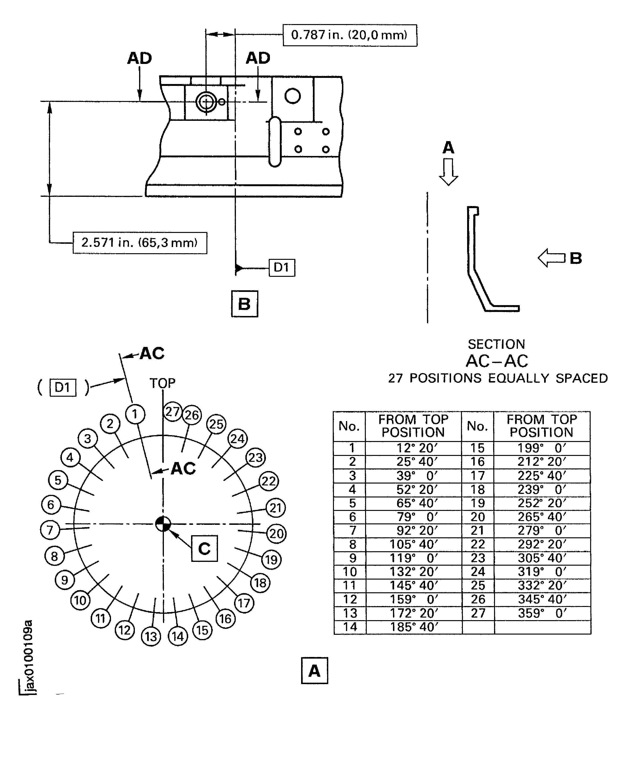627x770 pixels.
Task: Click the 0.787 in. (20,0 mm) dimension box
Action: click(349, 35)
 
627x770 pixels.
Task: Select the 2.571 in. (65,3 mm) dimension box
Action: click(140, 243)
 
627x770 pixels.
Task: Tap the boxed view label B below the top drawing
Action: click(244, 304)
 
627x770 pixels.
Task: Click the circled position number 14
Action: click(178, 636)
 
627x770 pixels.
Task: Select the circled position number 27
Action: click(172, 412)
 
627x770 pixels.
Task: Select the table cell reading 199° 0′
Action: click(542, 448)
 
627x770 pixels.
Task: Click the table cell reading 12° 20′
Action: click(413, 448)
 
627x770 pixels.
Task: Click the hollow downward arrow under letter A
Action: click(448, 172)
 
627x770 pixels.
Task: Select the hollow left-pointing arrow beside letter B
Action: click(551, 258)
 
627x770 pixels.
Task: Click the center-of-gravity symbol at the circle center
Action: click(163, 524)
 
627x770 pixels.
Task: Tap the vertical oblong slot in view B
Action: click(275, 142)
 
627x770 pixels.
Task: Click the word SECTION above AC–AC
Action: click(496, 344)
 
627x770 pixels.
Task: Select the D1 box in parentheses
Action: click(63, 387)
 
